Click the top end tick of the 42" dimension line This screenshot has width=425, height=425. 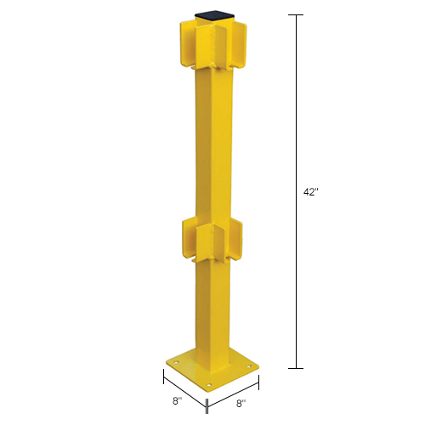point(297,16)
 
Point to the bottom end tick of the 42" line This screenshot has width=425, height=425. point(297,368)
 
